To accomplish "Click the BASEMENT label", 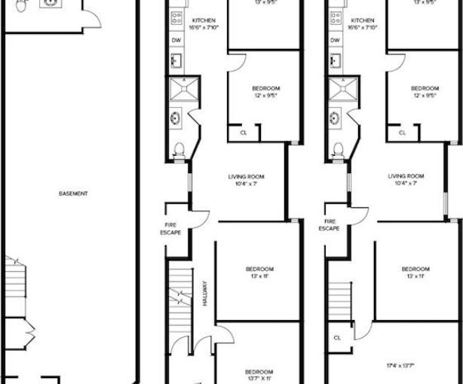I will (73, 194).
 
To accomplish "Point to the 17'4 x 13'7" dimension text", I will (405, 365).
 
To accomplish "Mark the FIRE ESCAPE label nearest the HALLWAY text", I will (170, 228).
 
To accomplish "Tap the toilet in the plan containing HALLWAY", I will (179, 150).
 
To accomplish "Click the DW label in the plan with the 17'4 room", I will (335, 39).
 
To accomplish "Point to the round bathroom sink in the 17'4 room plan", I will (335, 117).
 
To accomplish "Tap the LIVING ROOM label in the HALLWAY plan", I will (246, 179).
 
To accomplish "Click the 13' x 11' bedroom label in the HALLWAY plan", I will (259, 273).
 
